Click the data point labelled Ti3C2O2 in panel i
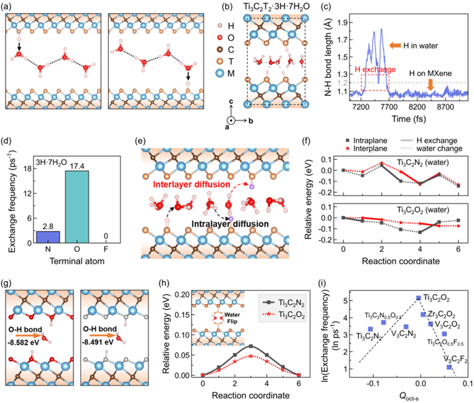tap(418, 298)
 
